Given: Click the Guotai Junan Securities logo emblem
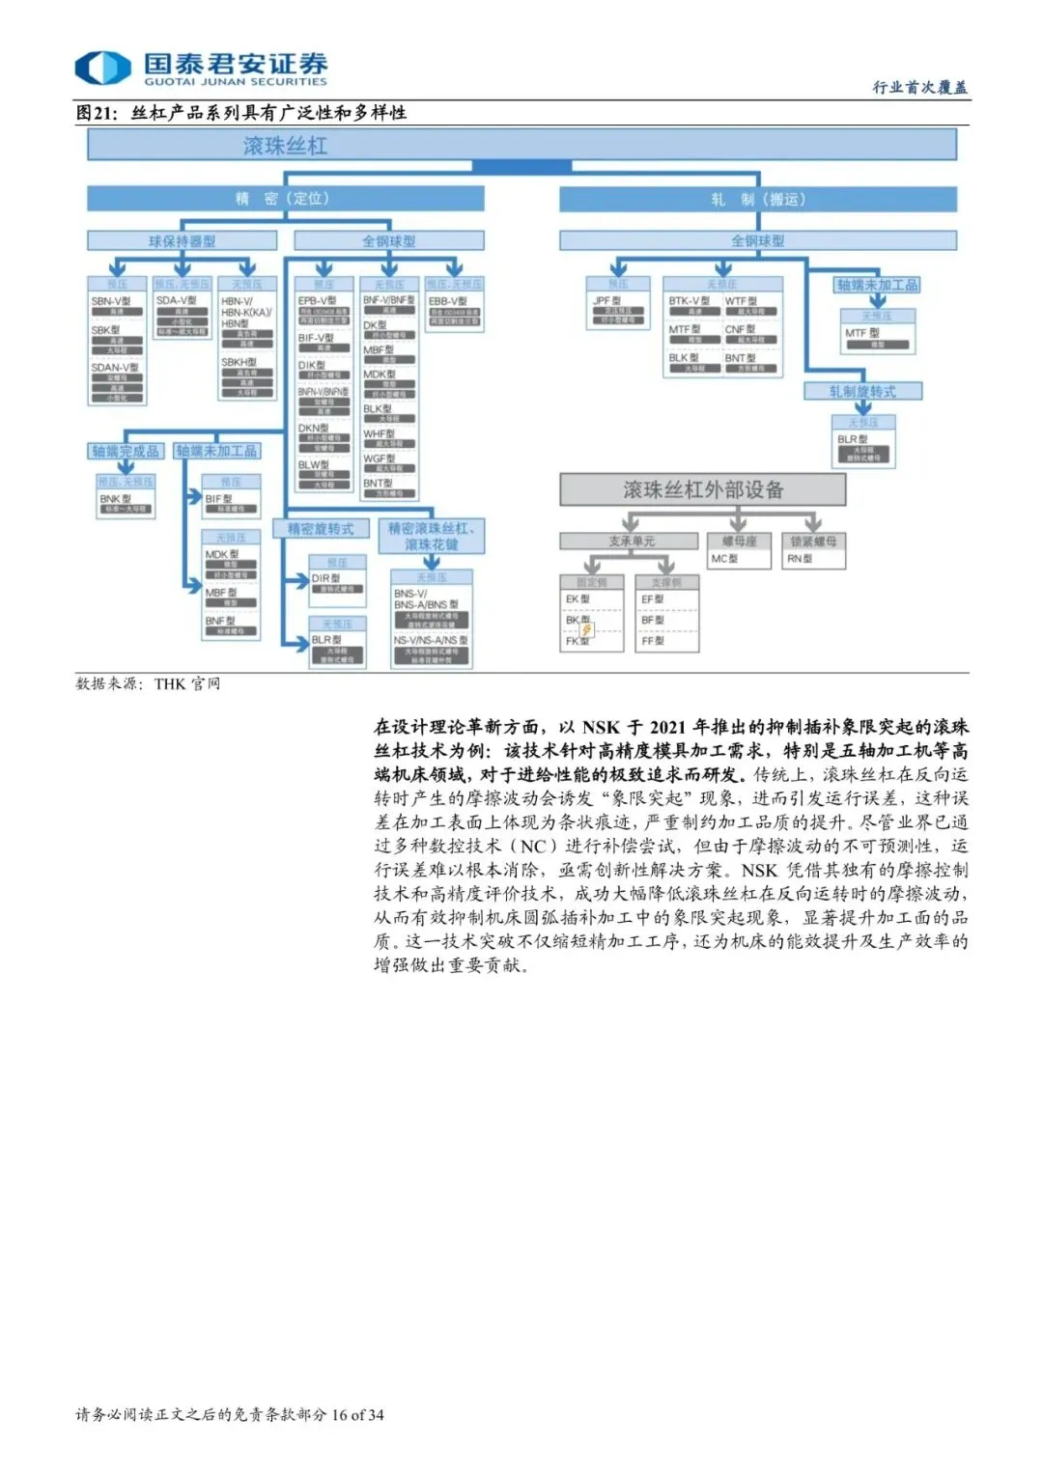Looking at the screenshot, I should (102, 68).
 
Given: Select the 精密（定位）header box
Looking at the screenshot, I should (285, 199).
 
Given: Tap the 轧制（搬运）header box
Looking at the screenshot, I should (757, 200).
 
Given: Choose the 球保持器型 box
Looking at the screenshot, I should (182, 240).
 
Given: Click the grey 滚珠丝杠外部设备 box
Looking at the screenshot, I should (702, 490).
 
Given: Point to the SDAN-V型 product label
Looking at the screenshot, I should (115, 368).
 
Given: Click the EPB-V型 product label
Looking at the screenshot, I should (318, 301).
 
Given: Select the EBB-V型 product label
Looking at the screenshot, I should (447, 301).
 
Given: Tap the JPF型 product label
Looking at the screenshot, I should (607, 301).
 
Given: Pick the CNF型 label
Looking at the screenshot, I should (741, 330).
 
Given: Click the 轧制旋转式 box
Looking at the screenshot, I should (862, 391).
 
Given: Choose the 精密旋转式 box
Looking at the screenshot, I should (321, 529).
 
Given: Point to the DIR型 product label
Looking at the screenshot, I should (325, 578).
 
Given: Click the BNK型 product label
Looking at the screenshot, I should (115, 499).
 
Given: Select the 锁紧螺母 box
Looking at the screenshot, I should (813, 542).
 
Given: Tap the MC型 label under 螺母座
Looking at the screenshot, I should (723, 559).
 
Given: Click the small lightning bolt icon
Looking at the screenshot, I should (587, 629).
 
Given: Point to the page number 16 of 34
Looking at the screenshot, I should (357, 1415).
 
